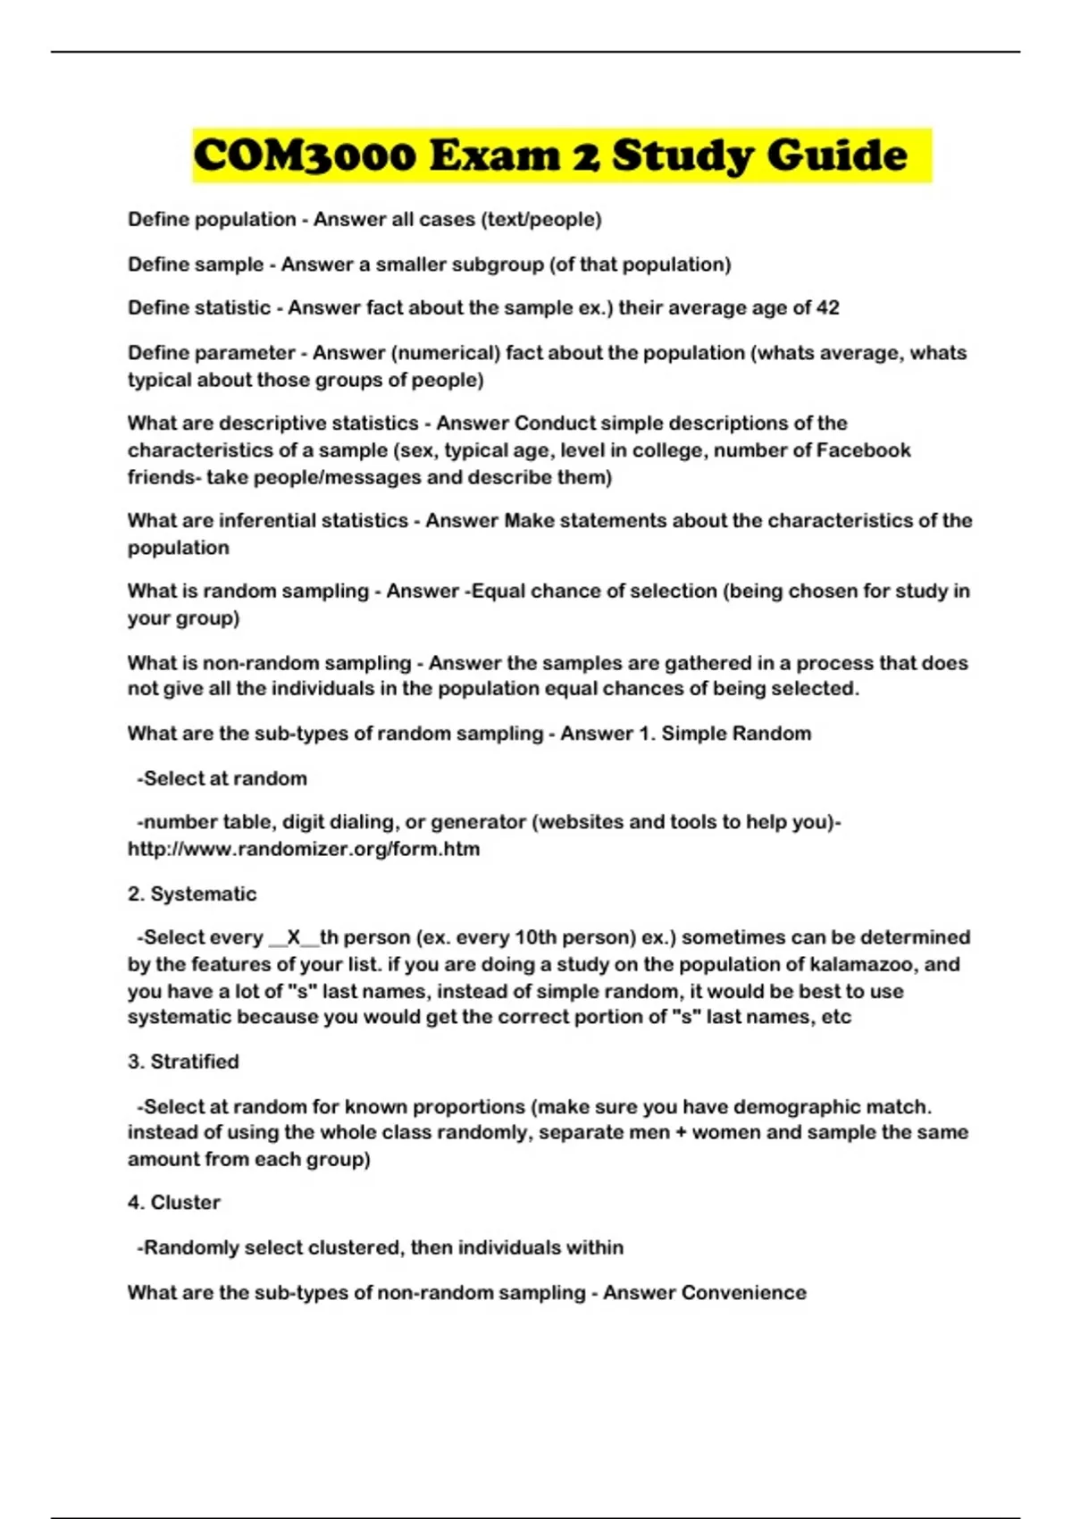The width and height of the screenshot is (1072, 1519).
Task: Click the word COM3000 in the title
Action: point(305,155)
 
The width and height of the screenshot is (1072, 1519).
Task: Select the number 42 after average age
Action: point(828,308)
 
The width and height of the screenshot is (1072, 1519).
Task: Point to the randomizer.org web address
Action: point(304,850)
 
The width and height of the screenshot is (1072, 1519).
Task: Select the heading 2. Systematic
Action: point(192,894)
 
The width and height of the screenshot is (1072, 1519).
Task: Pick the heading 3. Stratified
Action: point(183,1062)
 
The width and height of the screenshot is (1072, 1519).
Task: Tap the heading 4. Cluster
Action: point(174,1203)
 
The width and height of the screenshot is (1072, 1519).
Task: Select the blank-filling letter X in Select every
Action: point(294,938)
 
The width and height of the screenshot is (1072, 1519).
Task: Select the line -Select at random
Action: point(222,779)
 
